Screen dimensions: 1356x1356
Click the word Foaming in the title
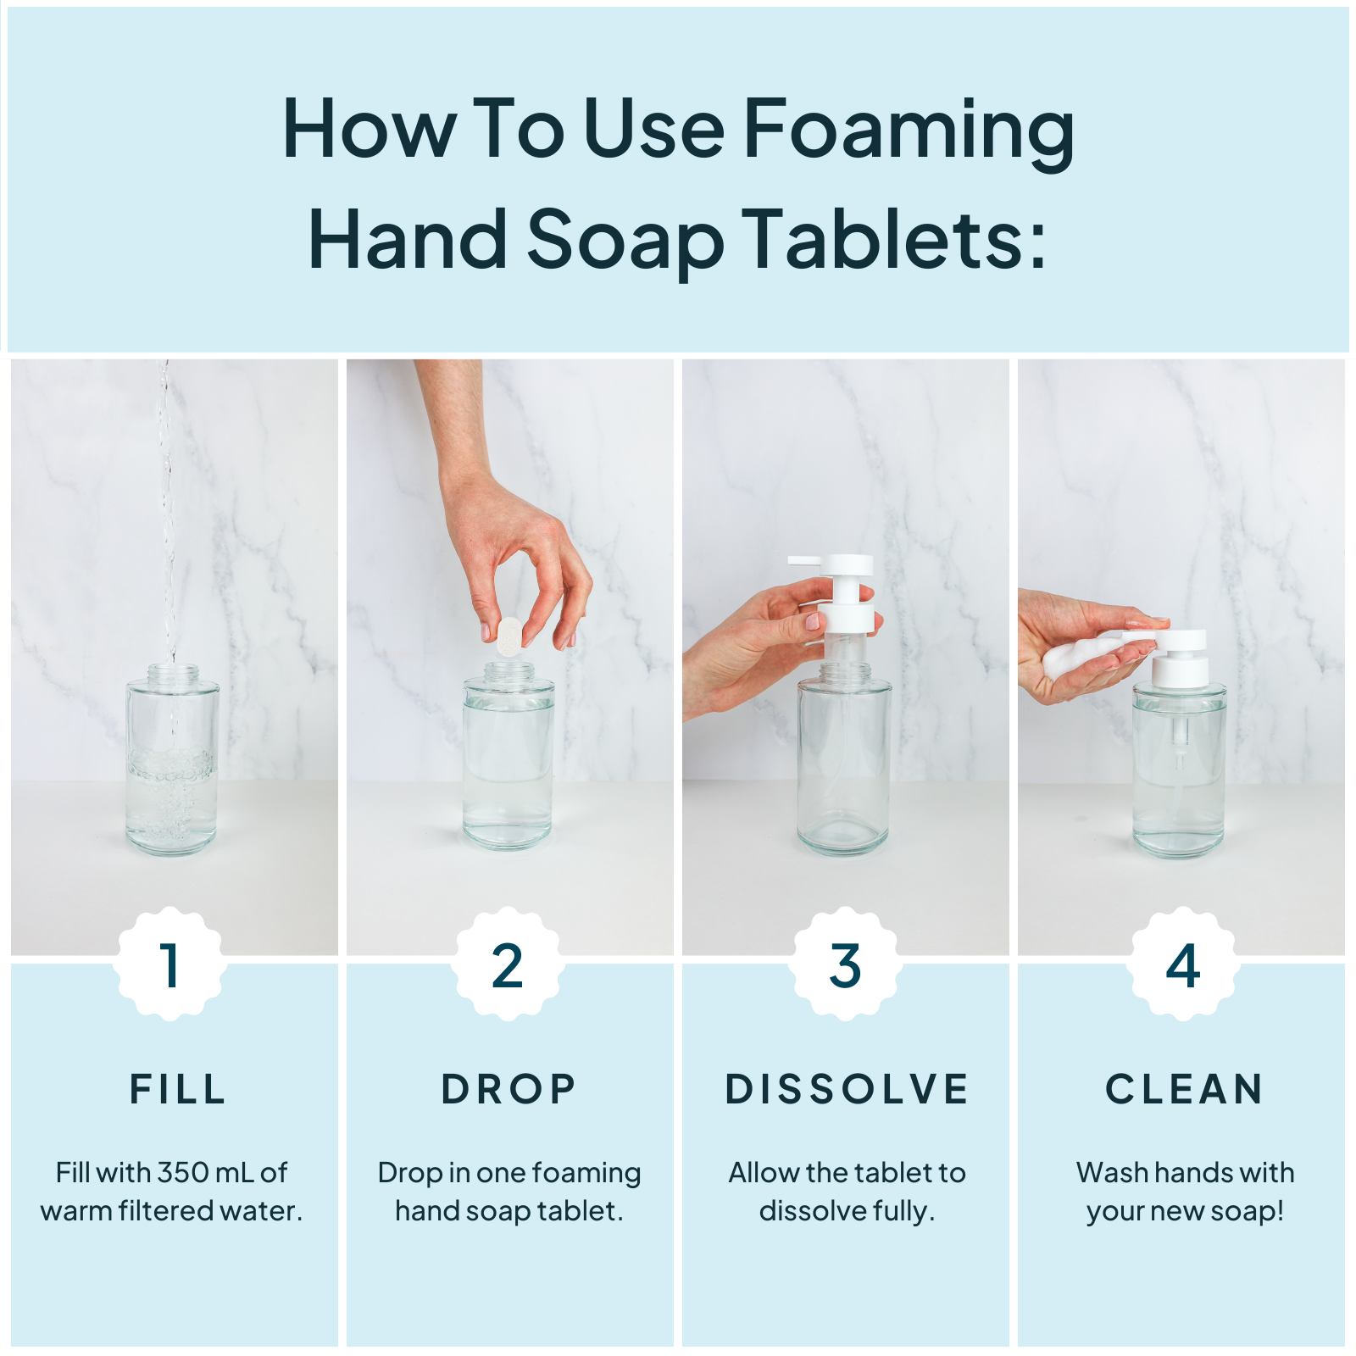(909, 129)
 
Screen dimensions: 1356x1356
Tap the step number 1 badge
(170, 965)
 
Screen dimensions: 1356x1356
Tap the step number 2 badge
(508, 965)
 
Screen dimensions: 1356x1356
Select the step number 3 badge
(845, 965)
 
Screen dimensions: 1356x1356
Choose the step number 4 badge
(1182, 965)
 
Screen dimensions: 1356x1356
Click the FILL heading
(178, 1089)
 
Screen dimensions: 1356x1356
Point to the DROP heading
(508, 1089)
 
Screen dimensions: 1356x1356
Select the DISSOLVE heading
(847, 1089)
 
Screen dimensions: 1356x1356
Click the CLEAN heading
(1184, 1089)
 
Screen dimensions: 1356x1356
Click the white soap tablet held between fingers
(509, 636)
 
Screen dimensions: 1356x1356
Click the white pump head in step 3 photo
(843, 593)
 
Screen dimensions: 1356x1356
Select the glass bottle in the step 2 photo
(508, 763)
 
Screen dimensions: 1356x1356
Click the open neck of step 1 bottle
(173, 671)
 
